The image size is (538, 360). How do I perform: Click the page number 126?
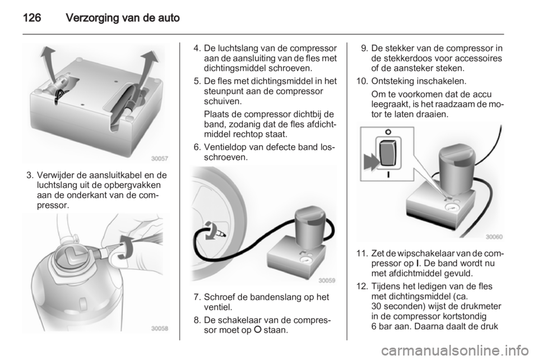(x=32, y=17)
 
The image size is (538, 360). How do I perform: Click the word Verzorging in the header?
(x=91, y=18)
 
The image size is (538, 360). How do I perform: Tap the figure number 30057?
(x=160, y=159)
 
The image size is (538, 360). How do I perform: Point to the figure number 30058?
(x=160, y=329)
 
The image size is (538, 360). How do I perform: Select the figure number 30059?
(x=327, y=280)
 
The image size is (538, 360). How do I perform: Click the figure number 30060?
(x=494, y=237)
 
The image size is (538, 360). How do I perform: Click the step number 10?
(x=362, y=81)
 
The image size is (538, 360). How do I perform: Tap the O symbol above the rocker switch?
(x=388, y=132)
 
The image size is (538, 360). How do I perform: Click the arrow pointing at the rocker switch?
(x=370, y=161)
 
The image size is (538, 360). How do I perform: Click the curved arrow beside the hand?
(x=127, y=247)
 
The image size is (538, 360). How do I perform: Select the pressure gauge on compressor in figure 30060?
(x=450, y=207)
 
